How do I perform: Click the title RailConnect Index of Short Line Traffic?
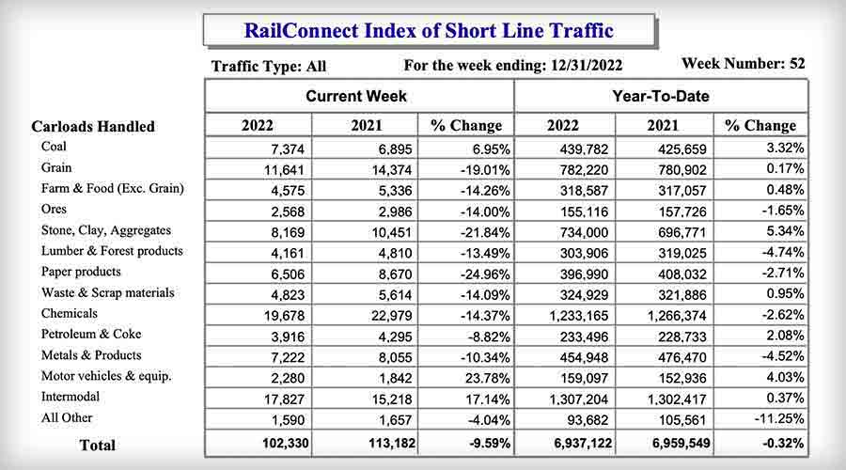pyautogui.click(x=429, y=30)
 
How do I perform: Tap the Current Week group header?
pyautogui.click(x=356, y=96)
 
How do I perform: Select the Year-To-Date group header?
pyautogui.click(x=661, y=96)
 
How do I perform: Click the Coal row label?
pyautogui.click(x=54, y=147)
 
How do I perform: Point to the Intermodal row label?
pyautogui.click(x=72, y=397)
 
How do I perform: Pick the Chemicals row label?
pyautogui.click(x=69, y=314)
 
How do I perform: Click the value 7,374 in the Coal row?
pyautogui.click(x=280, y=149)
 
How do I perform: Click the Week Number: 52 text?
pyautogui.click(x=743, y=65)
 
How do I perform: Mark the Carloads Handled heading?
pyautogui.click(x=93, y=126)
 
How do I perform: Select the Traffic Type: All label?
pyautogui.click(x=270, y=67)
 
